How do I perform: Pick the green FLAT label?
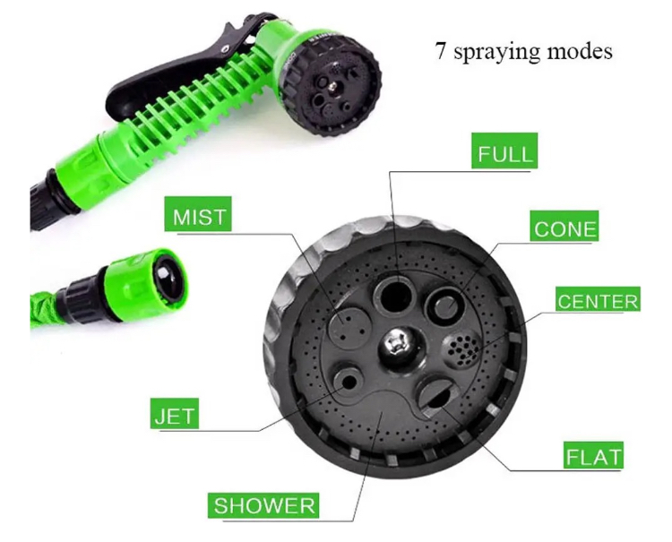pos(593,455)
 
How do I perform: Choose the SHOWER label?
pos(263,505)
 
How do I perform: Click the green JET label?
pos(175,414)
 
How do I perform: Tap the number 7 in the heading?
pos(441,50)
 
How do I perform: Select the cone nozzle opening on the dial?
pos(445,305)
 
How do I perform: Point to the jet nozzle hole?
pos(349,382)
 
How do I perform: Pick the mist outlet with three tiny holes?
pos(349,325)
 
